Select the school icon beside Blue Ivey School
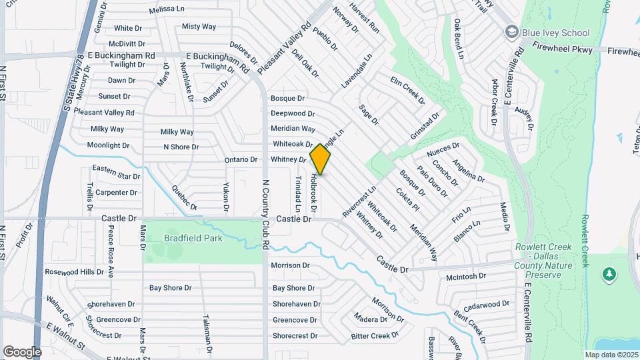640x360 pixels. point(512,32)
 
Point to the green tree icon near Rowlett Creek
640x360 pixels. point(608,273)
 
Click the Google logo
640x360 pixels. point(22,351)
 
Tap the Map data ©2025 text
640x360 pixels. point(610,355)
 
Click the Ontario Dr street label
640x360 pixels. point(240,160)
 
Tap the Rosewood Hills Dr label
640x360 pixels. point(74,272)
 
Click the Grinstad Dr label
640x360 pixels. point(425,125)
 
